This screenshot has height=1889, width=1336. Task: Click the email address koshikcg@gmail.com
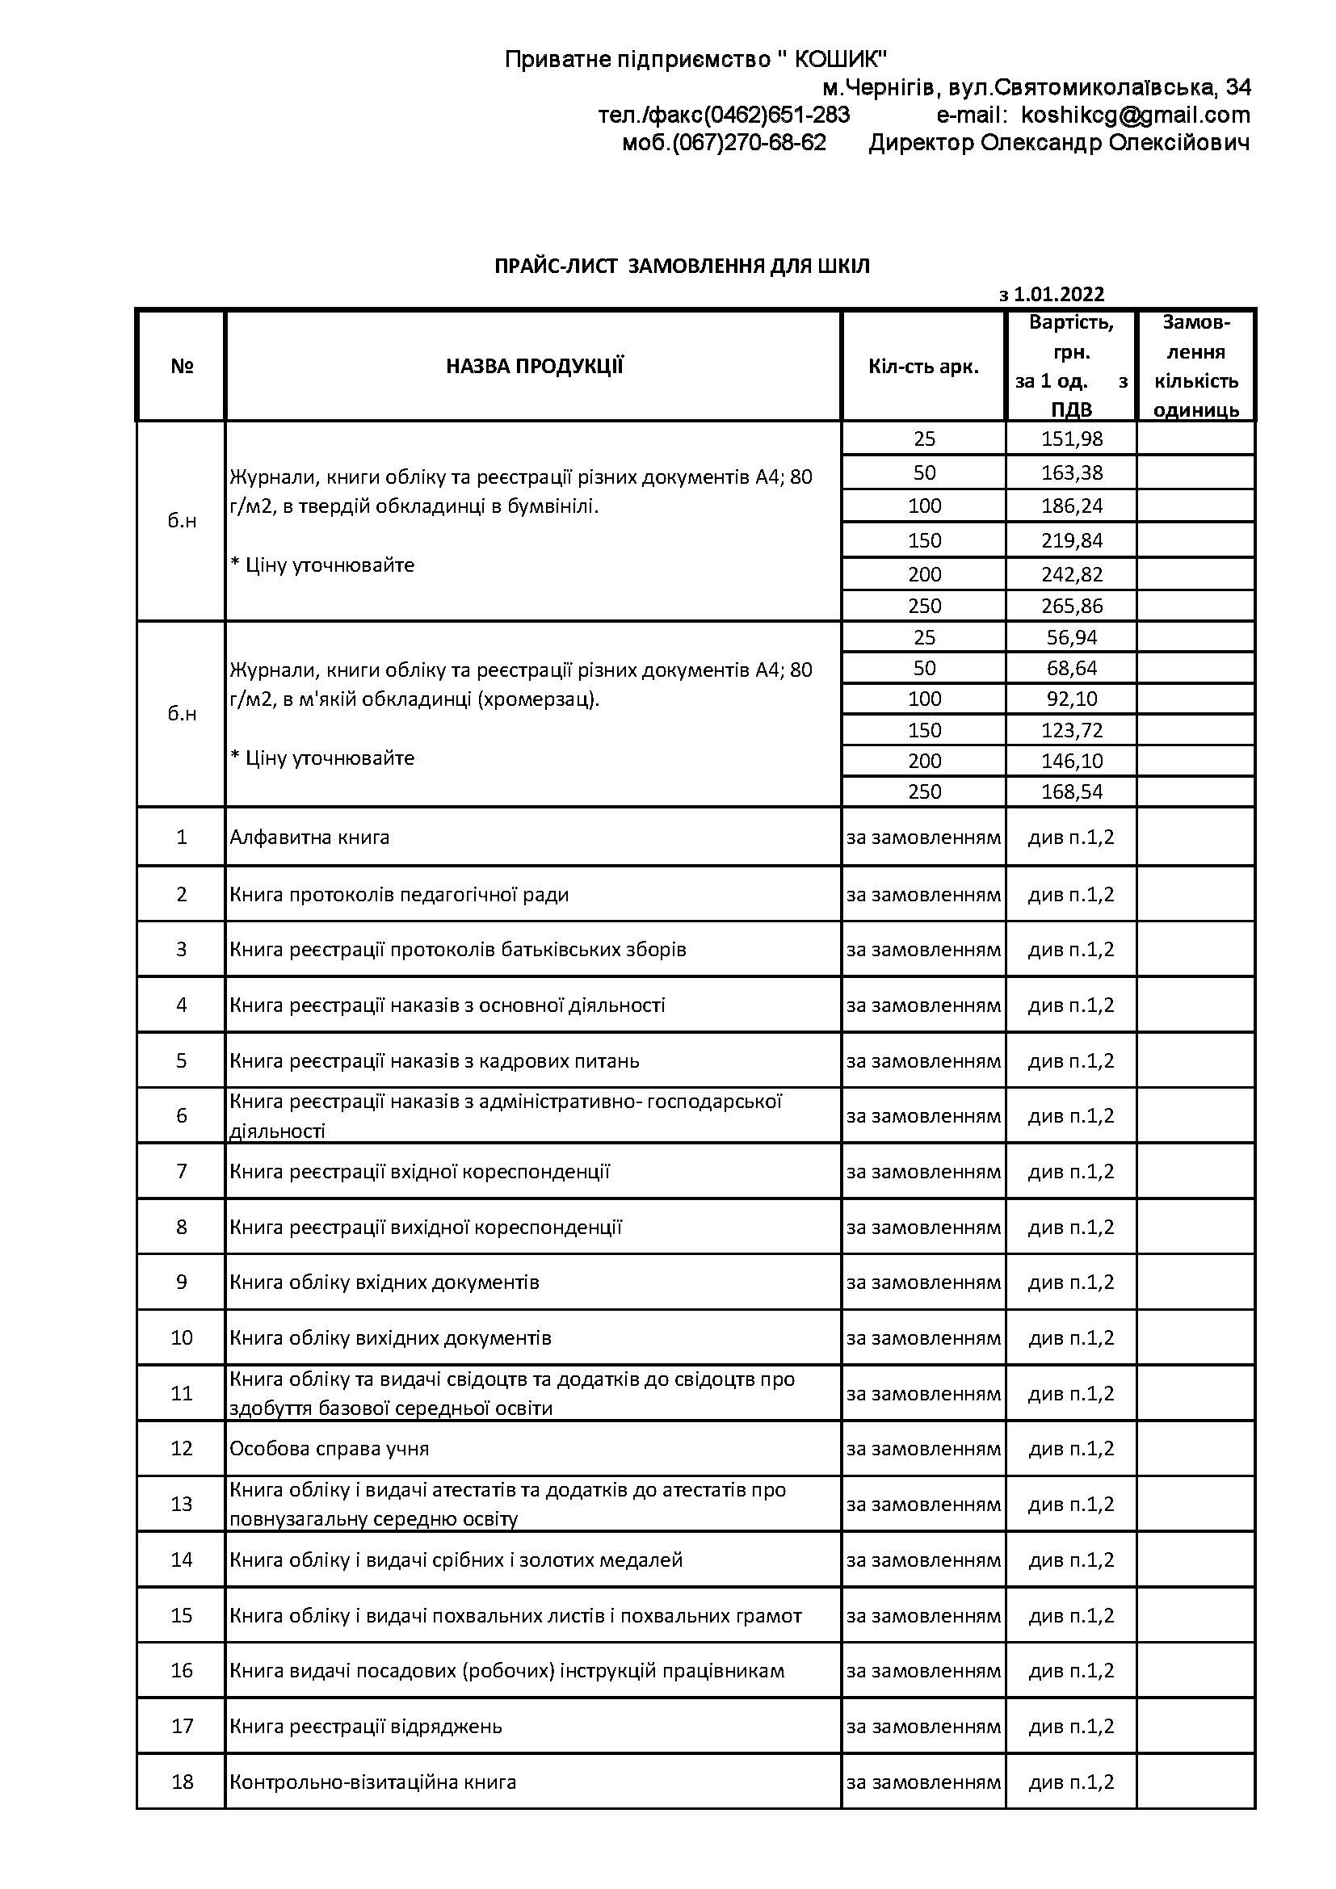click(1135, 115)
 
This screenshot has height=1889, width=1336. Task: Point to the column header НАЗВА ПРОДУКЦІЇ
click(534, 367)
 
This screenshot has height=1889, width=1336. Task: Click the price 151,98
click(1071, 439)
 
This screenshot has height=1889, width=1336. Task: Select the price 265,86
click(1071, 607)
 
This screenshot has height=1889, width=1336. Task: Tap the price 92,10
click(1071, 699)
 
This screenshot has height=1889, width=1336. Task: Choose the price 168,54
click(1071, 792)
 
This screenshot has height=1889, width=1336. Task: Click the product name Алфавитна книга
click(309, 837)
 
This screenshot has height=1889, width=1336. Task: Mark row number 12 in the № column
click(182, 1448)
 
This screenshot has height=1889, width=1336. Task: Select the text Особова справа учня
click(329, 1448)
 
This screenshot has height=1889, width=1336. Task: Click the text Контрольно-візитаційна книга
click(372, 1782)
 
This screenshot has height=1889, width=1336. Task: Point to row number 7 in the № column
click(182, 1171)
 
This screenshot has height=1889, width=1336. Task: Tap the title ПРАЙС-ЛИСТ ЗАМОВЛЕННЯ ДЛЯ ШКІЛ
click(682, 267)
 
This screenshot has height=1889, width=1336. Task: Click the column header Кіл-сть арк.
click(923, 367)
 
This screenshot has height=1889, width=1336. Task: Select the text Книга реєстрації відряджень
click(365, 1726)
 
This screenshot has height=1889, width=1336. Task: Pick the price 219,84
click(1071, 540)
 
